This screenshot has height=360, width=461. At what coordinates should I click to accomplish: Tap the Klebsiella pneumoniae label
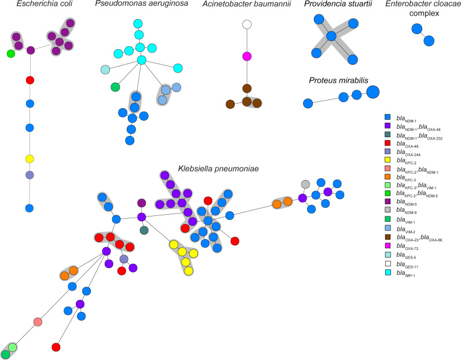217,168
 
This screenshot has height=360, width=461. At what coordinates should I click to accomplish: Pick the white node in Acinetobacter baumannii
247,24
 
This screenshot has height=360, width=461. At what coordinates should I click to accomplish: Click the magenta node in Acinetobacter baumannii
247,57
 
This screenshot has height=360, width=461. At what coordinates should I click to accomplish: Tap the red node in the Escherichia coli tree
30,80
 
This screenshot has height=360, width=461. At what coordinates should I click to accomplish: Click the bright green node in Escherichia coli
10,54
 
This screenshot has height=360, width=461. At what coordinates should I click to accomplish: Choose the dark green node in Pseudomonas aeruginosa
116,87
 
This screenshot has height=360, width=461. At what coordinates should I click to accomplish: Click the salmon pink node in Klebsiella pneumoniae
38,322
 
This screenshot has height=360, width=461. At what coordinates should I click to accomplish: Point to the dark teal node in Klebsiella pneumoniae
144,230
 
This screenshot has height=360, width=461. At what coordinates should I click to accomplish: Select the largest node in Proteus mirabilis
373,91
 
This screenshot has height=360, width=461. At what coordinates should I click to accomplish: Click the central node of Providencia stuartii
331,36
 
